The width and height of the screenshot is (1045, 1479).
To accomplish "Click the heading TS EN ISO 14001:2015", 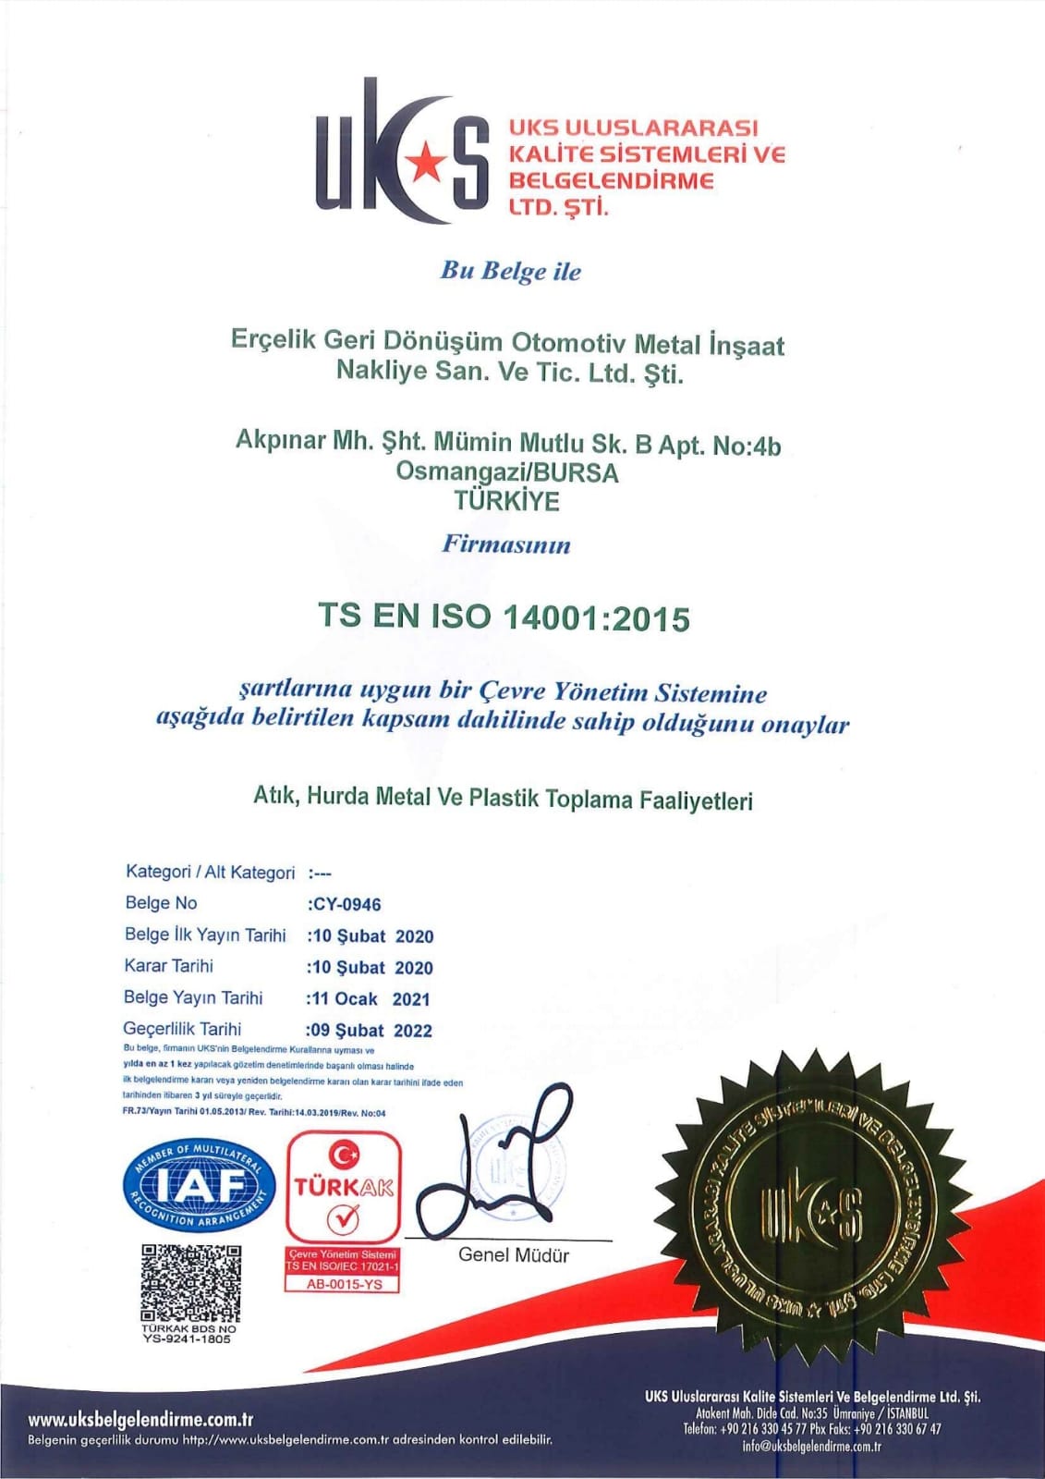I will pos(504,617).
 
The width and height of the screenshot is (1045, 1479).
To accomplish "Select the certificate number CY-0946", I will pos(346,904).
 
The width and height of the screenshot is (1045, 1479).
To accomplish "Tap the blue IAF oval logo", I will pos(200,1186).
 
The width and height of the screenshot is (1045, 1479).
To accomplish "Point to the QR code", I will pos(191,1283).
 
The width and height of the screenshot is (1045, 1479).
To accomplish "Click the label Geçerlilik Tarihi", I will pos(182,1028).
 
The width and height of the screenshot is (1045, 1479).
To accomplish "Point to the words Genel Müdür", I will pos(514,1255).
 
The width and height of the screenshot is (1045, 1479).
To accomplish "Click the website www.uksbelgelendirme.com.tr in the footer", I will pos(140,1420).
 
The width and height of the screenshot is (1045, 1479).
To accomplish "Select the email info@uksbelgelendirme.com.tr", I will pos(811,1447).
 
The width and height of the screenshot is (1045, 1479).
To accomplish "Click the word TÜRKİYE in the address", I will pos(506,501).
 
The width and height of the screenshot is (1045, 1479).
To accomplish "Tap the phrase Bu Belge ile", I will pos(511,271).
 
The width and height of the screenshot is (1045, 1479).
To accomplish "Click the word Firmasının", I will pos(506,544).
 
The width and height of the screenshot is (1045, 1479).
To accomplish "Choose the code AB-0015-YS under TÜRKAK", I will pos(343,1284).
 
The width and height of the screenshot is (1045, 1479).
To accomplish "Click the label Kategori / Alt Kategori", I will pos(210,872).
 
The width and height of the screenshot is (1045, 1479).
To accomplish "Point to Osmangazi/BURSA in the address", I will pos(507,471).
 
